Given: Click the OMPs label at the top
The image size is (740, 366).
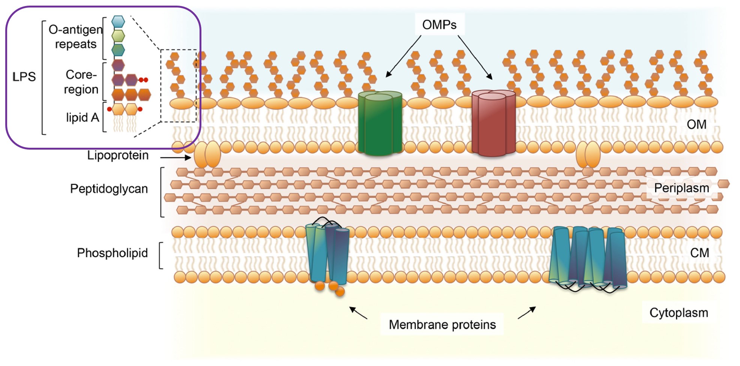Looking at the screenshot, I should coord(439,25).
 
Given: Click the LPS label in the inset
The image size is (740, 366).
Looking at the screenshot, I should coord(24,76).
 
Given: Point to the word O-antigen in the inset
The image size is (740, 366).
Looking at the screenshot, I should coord(75,29).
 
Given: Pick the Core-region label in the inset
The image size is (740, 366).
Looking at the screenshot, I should coord(81,82).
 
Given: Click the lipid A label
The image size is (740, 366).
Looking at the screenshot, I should coord(83,117).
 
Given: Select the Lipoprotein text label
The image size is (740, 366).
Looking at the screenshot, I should coord(118,155).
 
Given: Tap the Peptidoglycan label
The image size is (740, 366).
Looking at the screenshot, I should coord(109,189).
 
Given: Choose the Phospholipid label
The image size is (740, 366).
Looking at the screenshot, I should coord(112,253).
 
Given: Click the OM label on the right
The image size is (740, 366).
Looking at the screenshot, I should coord(696,124).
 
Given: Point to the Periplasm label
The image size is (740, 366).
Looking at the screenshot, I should coord(681,188).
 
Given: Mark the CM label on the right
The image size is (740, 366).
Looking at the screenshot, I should coord(699,253).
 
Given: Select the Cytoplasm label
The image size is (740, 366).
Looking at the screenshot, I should coord(678,312).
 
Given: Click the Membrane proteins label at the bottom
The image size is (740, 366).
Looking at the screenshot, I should coord(442,324).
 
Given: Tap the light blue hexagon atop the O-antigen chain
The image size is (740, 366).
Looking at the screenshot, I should coord(118,21).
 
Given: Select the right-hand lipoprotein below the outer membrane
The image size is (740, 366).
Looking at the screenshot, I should coord(588,154).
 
